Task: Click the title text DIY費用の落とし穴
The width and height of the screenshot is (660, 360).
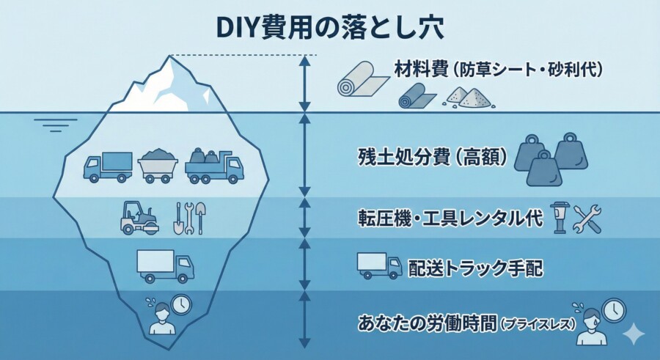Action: tap(330, 26)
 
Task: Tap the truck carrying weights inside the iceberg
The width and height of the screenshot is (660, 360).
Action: tap(213, 166)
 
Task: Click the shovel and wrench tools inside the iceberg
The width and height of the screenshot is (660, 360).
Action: tap(190, 218)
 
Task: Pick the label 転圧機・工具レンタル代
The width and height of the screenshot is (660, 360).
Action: tap(450, 218)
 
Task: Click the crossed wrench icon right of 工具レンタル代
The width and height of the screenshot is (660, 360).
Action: tap(587, 219)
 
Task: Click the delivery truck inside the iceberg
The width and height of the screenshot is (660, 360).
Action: tap(165, 265)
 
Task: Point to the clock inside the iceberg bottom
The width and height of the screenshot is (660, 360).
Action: tap(180, 304)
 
